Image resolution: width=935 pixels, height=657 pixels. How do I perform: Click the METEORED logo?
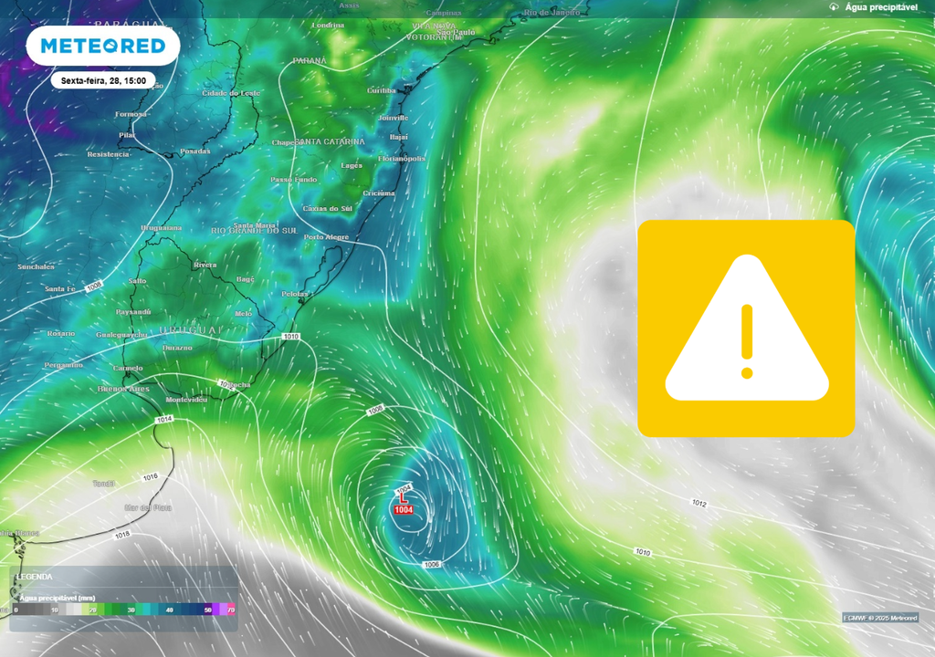point(102,46)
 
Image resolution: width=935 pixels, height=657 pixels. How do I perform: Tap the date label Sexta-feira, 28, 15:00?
point(103,81)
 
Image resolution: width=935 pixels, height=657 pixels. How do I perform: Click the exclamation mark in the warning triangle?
point(747,340)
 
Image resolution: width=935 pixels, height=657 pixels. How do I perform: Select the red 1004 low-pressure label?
point(403,509)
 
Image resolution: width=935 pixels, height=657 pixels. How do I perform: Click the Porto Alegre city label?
point(326,237)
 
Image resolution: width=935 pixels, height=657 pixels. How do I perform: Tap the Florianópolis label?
point(402,159)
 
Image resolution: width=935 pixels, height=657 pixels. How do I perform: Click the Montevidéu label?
point(186,400)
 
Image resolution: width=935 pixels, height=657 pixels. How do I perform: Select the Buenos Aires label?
point(122,389)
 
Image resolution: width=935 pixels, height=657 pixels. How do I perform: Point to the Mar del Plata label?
point(147,506)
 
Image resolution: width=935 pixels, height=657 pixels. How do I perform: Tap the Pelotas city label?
point(296,294)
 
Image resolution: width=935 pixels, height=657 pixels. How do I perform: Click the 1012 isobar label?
point(699,503)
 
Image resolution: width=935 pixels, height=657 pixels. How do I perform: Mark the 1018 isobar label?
point(121,535)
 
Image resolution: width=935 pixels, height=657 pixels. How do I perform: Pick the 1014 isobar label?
point(164,419)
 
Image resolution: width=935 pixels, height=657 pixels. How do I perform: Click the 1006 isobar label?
point(432,565)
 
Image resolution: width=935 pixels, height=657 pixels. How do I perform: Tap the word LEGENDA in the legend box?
point(35,577)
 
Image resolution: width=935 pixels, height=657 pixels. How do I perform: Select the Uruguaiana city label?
point(161,228)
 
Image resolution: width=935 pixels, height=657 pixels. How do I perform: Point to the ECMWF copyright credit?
point(880,618)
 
